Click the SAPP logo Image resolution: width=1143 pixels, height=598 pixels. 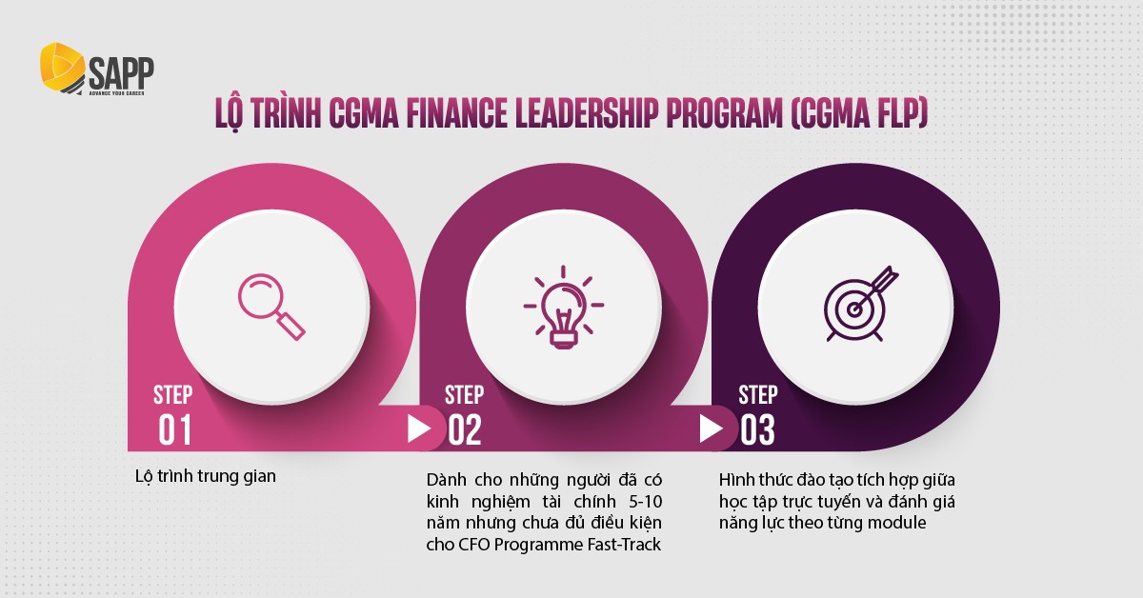click(96, 72)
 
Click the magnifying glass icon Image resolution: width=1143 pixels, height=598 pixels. click(272, 305)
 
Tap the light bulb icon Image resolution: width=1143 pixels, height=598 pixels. click(564, 305)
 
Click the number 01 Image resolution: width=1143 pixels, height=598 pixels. click(175, 431)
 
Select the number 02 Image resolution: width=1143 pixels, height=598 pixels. click(465, 431)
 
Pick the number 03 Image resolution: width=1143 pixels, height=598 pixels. click(757, 431)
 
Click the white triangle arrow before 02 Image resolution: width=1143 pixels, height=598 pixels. click(419, 429)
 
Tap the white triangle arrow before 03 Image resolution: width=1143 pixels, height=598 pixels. click(711, 429)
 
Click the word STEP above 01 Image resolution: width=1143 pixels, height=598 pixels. click(172, 394)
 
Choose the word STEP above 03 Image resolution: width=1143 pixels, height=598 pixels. click(757, 394)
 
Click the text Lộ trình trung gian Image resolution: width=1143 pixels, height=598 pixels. click(206, 475)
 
